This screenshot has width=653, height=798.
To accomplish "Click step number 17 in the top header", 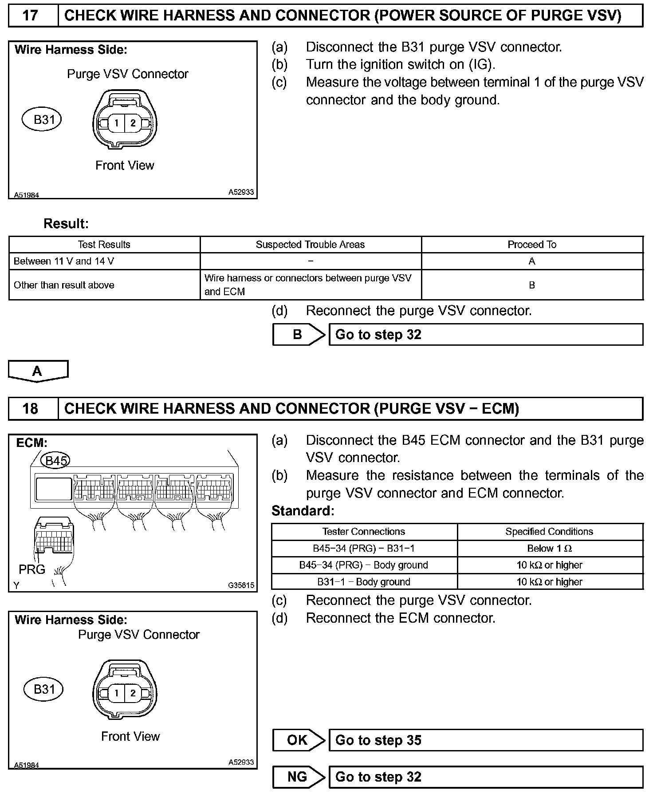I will tap(30, 16).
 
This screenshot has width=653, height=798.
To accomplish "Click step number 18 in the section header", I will tap(30, 408).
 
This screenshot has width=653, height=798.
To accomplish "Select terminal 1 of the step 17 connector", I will tap(117, 123).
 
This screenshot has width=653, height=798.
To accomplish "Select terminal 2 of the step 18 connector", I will tap(133, 693).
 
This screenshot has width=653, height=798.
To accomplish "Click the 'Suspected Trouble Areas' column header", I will tap(310, 245).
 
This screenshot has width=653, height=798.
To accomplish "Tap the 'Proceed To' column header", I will tap(532, 245).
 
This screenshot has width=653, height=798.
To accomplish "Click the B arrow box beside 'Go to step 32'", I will tap(298, 335).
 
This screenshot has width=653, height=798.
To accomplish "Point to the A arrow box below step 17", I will tap(38, 371).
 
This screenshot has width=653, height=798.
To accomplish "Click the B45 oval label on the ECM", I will tap(55, 461).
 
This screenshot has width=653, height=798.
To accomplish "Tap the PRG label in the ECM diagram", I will tap(32, 569).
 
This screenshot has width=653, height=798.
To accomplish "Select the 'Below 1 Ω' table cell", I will tap(550, 549).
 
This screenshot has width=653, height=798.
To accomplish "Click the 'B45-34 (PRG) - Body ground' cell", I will tap(364, 565).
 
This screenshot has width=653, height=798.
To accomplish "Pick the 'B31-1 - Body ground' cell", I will tap(364, 582).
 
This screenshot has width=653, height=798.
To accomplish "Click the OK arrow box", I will tap(298, 740).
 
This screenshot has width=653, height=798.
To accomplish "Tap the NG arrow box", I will tap(298, 777).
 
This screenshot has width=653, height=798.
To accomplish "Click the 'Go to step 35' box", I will tap(485, 740).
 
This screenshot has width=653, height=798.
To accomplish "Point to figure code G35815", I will tap(241, 585).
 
